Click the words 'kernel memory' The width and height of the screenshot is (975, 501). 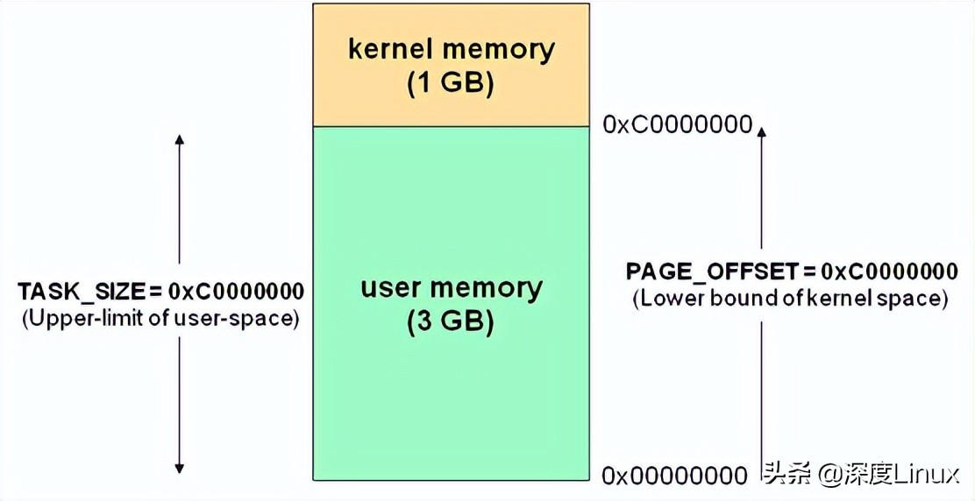[452, 49]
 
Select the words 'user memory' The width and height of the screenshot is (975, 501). [452, 288]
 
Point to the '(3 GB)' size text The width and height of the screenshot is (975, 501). [451, 322]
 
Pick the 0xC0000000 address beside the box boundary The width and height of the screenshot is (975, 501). [677, 124]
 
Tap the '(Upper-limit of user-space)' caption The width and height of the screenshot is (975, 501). [160, 318]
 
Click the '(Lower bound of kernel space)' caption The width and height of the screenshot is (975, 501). [790, 298]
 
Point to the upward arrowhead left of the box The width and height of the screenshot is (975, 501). [179, 140]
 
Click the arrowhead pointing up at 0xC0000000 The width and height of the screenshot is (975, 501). [761, 131]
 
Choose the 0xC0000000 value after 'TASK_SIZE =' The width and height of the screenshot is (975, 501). [237, 291]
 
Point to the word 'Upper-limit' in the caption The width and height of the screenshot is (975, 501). [76, 318]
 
